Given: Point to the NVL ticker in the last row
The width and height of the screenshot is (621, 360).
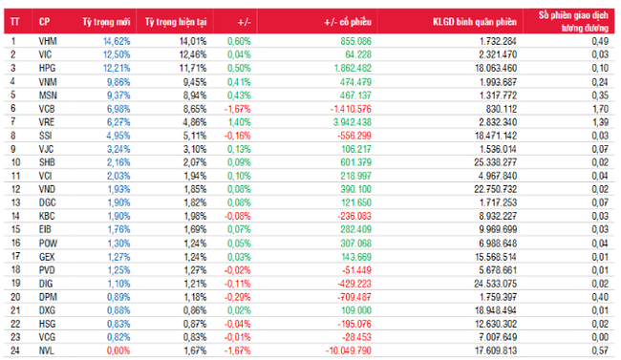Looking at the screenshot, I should coord(46,351).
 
